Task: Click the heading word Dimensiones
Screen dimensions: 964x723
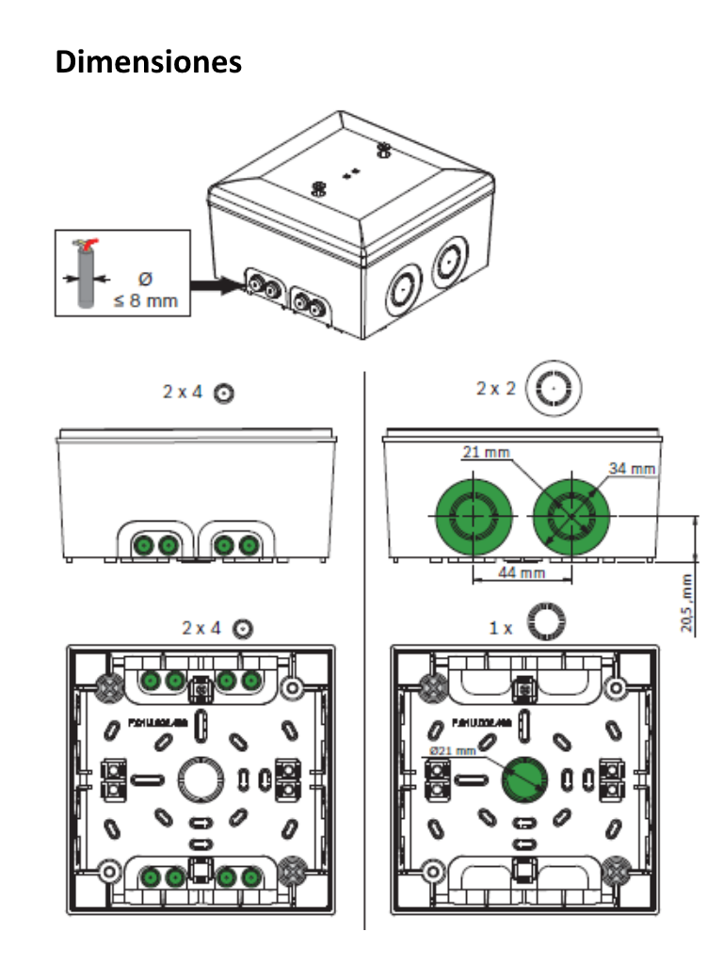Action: coord(149,61)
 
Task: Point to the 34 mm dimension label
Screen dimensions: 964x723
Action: coord(632,468)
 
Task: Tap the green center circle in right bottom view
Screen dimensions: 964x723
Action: coord(522,778)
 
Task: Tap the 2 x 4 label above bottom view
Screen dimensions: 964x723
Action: coord(202,627)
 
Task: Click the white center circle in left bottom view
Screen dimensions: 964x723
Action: coord(200,778)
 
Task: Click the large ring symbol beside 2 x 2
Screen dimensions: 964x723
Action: coord(554,387)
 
